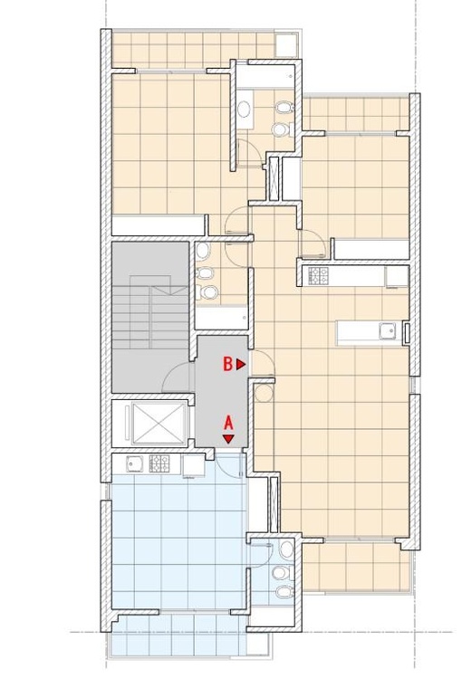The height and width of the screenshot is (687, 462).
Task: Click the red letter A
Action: tap(228, 424)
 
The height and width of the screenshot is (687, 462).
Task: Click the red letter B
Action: tap(228, 364)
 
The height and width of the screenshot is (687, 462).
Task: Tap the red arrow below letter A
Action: tap(228, 439)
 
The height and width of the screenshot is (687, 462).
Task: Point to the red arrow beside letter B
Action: tap(241, 364)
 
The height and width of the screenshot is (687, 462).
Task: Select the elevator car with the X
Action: tap(159, 424)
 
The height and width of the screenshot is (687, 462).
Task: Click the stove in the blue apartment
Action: tap(159, 463)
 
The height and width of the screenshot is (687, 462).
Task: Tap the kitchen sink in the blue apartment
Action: tap(134, 463)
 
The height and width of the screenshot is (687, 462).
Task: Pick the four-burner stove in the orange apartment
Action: tap(319, 276)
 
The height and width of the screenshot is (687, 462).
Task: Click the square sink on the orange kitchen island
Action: tap(388, 330)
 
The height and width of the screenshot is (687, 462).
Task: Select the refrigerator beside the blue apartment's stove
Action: tap(193, 465)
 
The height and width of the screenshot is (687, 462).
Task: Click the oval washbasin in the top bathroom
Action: tap(244, 110)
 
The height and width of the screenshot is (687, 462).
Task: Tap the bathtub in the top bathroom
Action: tap(265, 77)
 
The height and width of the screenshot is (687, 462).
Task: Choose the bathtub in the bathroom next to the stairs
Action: tap(221, 317)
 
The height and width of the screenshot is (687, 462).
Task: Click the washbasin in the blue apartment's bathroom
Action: tap(286, 549)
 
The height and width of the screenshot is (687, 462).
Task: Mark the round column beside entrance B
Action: tap(264, 393)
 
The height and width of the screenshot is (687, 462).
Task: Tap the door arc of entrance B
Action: tap(263, 363)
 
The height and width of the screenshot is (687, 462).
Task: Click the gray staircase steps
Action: tap(150, 312)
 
